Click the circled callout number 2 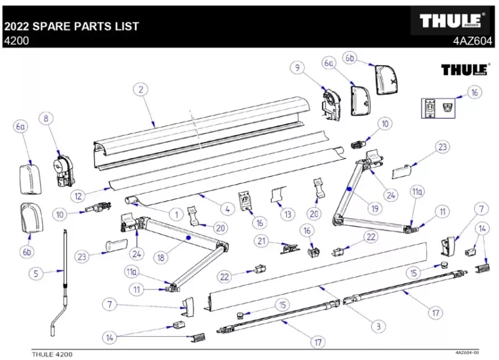[142, 90]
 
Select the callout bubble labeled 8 [46, 118]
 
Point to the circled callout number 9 [298, 67]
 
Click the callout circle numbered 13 [287, 215]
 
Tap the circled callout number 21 [263, 241]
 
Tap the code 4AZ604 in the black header [473, 41]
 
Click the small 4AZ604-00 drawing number [467, 353]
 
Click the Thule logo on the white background [462, 69]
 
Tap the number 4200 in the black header [16, 41]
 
